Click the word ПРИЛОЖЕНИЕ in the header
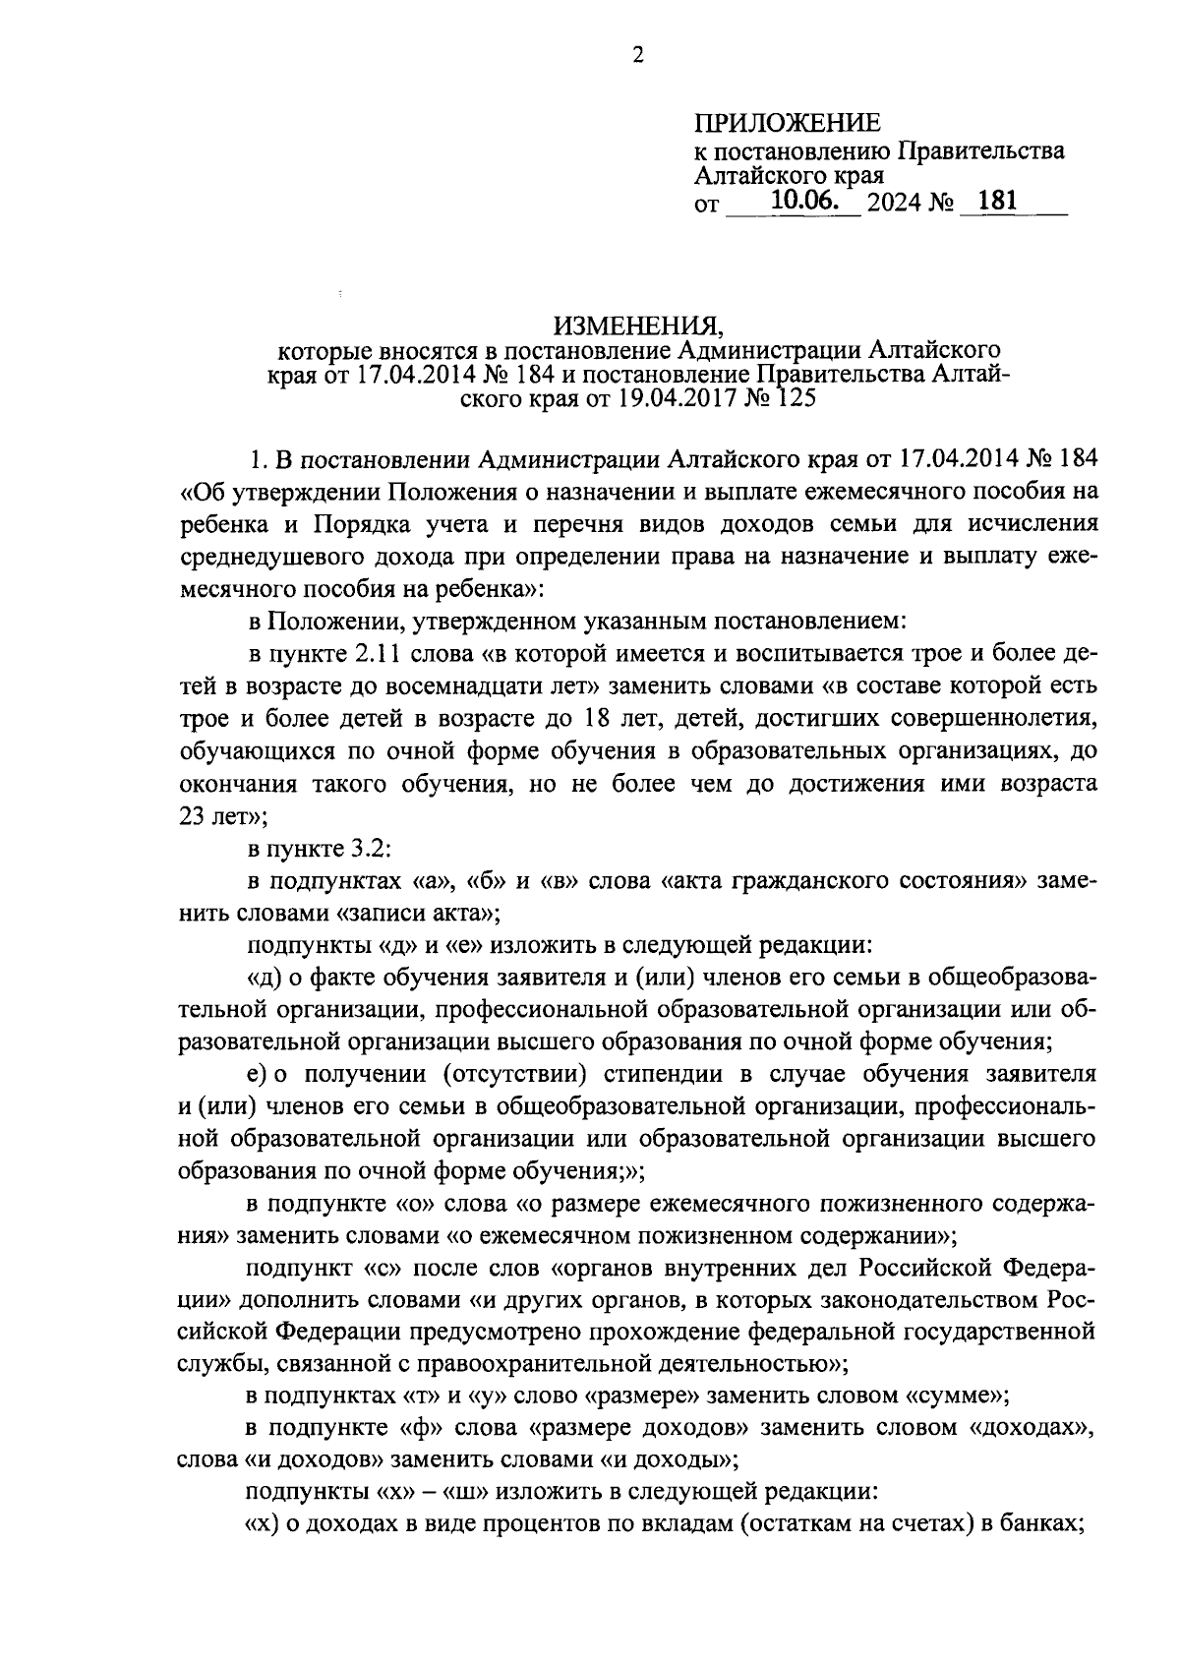click(789, 123)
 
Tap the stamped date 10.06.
click(802, 202)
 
